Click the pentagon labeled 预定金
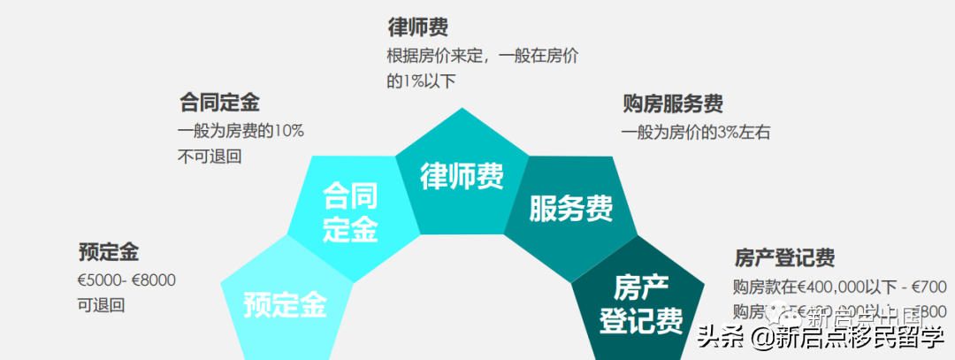click(x=285, y=304)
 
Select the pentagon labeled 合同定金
click(x=350, y=212)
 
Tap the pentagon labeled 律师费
click(x=461, y=175)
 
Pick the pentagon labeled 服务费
click(x=570, y=209)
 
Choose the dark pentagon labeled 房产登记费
click(x=641, y=303)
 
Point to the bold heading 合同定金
click(x=219, y=103)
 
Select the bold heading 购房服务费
click(x=673, y=103)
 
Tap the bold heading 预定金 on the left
click(x=109, y=252)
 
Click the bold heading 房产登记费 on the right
click(x=784, y=258)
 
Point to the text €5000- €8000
click(x=126, y=280)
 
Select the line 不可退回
click(x=210, y=157)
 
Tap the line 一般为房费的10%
click(x=241, y=131)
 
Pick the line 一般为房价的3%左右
click(x=696, y=133)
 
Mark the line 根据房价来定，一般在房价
click(x=483, y=55)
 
